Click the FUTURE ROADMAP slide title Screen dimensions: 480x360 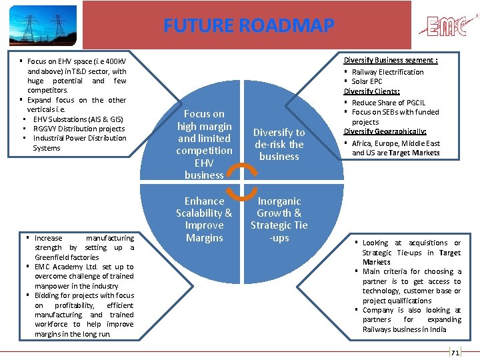pyautogui.click(x=249, y=26)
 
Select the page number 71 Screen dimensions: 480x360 pyautogui.click(x=455, y=352)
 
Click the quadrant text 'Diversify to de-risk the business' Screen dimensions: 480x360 pyautogui.click(x=279, y=145)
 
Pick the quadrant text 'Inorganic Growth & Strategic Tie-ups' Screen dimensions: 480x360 pyautogui.click(x=279, y=219)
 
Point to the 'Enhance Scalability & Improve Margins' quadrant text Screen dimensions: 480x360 pyautogui.click(x=204, y=219)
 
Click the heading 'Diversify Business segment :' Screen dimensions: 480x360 pyautogui.click(x=391, y=61)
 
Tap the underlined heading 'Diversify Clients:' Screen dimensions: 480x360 pyautogui.click(x=372, y=91)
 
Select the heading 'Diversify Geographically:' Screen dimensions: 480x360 pyautogui.click(x=385, y=131)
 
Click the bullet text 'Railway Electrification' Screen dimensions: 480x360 pyautogui.click(x=387, y=72)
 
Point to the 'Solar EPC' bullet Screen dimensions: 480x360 pyautogui.click(x=367, y=81)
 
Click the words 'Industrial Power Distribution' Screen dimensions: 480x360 pyautogui.click(x=79, y=138)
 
